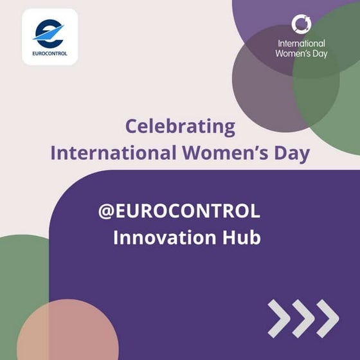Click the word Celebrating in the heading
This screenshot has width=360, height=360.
pos(180,127)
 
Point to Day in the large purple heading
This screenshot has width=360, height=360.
pos(289,154)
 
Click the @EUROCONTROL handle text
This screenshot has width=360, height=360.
pos(179,211)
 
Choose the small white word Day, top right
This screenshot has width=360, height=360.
pos(319,54)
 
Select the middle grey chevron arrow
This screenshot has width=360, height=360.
pos(303,318)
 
